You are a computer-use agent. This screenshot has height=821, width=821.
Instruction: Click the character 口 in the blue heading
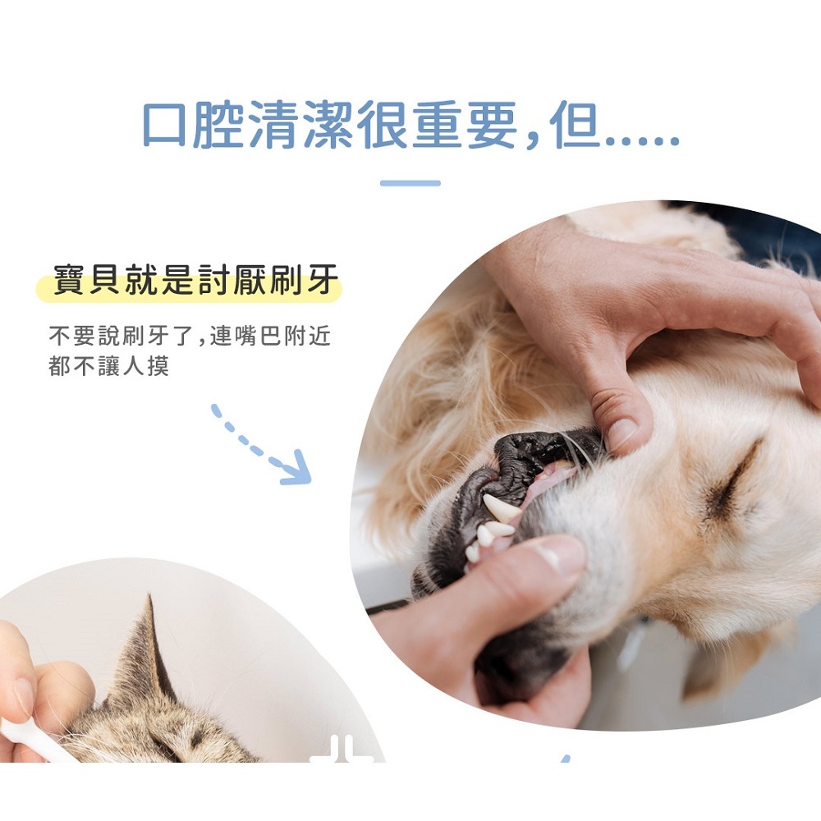tap(164, 124)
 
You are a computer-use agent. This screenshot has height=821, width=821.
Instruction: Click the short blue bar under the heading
tap(410, 183)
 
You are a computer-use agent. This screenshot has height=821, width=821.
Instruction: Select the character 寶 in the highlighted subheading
tap(70, 280)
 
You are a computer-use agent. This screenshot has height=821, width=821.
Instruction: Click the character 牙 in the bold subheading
tap(323, 280)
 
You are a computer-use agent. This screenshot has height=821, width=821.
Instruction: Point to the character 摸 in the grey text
tap(158, 365)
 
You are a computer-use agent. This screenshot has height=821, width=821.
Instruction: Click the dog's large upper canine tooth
tap(501, 507)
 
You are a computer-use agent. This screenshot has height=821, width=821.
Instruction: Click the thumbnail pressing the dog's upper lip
tap(622, 433)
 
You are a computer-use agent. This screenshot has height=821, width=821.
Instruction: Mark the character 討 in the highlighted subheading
tap(214, 280)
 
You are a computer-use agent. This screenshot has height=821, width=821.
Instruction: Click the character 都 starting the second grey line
tap(60, 365)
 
